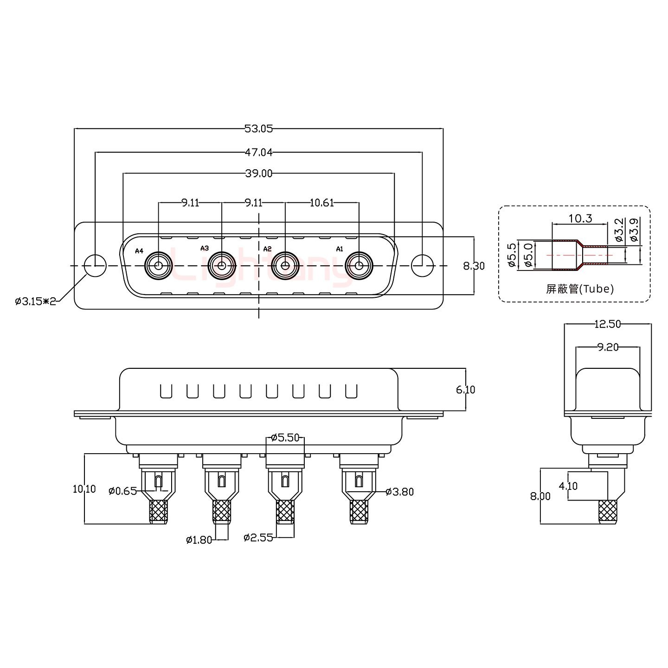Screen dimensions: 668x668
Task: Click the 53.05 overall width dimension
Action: pyautogui.click(x=258, y=129)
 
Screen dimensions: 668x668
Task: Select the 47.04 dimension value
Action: pyautogui.click(x=258, y=152)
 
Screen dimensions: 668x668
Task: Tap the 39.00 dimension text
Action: pyautogui.click(x=258, y=173)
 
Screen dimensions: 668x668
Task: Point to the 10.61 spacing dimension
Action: pyautogui.click(x=321, y=203)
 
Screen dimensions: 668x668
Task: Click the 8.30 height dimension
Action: pyautogui.click(x=474, y=266)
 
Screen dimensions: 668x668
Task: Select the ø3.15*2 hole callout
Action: pyautogui.click(x=35, y=302)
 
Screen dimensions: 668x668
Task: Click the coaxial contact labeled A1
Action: pyautogui.click(x=359, y=266)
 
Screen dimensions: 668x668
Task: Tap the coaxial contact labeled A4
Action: pyautogui.click(x=159, y=266)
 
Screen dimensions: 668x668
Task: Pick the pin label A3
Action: pyautogui.click(x=205, y=248)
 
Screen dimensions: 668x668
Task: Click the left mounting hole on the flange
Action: pyautogui.click(x=95, y=266)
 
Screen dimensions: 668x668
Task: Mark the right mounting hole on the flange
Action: pyautogui.click(x=422, y=266)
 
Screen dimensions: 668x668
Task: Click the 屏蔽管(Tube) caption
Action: pyautogui.click(x=580, y=289)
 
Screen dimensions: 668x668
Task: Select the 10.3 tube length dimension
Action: pyautogui.click(x=580, y=218)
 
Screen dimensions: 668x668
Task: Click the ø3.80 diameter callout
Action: pyautogui.click(x=399, y=492)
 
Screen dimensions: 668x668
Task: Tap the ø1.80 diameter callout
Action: pyautogui.click(x=199, y=540)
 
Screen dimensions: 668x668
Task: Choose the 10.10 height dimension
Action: pyautogui.click(x=84, y=489)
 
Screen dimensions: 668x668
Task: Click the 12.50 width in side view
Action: pyautogui.click(x=607, y=324)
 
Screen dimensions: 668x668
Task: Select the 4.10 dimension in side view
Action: pyautogui.click(x=568, y=486)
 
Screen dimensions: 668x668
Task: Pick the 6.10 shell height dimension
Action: pyautogui.click(x=465, y=390)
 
